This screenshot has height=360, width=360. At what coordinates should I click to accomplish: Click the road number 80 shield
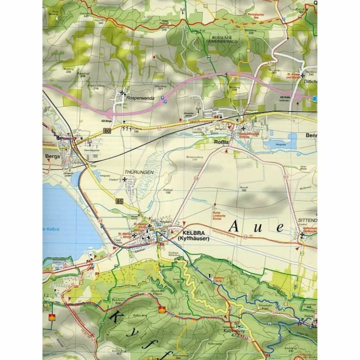click(x=106, y=131)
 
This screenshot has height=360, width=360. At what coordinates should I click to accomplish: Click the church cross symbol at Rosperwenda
click(x=122, y=92)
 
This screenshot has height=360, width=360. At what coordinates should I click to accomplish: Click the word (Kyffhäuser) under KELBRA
click(x=194, y=239)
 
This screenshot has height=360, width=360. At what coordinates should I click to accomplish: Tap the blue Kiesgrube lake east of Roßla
click(x=283, y=143)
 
